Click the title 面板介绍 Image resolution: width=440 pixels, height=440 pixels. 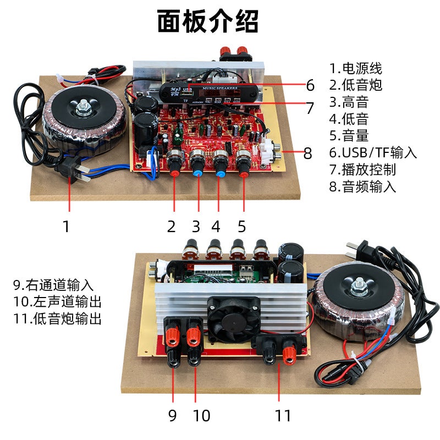(207, 23)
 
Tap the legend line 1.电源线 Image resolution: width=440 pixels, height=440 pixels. (355, 69)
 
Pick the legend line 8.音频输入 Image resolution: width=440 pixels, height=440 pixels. (362, 186)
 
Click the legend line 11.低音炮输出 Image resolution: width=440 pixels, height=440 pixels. (57, 318)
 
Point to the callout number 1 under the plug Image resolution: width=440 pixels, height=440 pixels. (67, 226)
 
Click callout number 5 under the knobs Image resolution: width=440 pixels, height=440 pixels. (242, 226)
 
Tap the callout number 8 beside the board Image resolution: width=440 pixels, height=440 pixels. (308, 153)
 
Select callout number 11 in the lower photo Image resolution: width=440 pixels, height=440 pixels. (283, 415)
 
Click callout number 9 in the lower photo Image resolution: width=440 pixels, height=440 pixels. (173, 415)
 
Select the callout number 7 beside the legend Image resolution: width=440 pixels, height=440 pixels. (310, 108)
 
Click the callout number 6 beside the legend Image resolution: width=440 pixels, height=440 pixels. (310, 85)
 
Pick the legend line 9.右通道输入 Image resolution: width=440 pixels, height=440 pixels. (53, 285)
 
